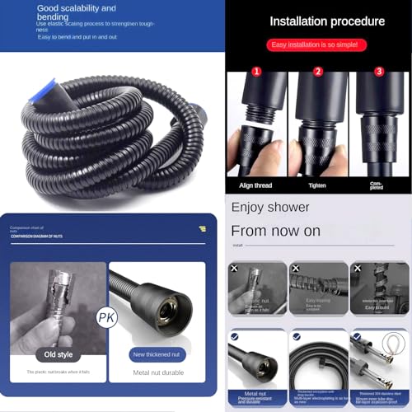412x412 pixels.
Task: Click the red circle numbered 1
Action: pos(256,71)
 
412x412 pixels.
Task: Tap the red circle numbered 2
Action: pos(318,71)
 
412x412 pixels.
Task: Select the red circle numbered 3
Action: pos(380,71)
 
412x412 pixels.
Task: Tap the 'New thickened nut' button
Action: pos(157,354)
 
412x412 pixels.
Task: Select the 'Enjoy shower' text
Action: pos(270,207)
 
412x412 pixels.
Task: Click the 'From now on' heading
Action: pos(275,231)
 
